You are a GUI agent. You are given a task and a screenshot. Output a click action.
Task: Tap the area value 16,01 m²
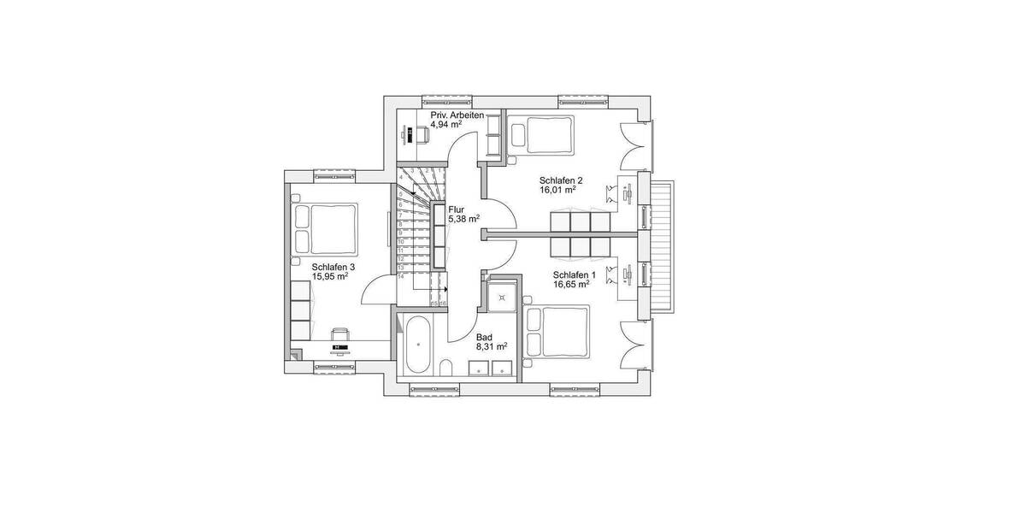click(557, 190)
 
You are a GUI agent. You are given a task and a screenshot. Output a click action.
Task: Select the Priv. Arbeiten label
click(457, 115)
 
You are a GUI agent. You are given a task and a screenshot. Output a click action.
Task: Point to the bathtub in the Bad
click(418, 346)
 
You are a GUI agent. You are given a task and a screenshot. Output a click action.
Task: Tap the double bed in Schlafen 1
click(557, 333)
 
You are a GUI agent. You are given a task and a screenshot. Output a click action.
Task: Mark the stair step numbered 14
click(400, 277)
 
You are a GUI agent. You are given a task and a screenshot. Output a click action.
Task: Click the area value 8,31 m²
click(492, 346)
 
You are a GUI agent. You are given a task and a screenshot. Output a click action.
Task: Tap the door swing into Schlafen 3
click(376, 291)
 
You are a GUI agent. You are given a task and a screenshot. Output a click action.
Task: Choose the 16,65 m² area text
click(571, 284)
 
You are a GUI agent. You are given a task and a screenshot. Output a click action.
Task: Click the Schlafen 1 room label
click(571, 274)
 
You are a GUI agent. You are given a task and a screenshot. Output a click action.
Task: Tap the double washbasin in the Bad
click(492, 369)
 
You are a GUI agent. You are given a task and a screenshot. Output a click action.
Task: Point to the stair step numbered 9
click(400, 231)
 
